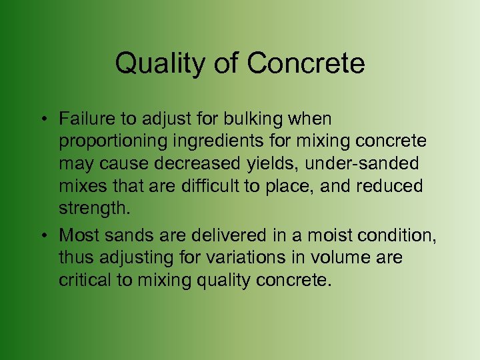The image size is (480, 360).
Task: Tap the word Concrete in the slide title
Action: tap(306, 64)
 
